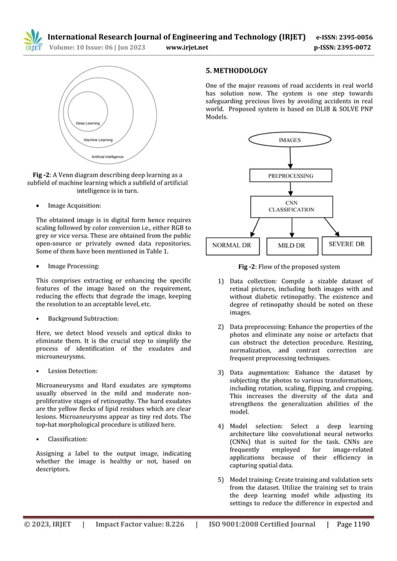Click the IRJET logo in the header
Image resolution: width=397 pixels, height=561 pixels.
(32, 39)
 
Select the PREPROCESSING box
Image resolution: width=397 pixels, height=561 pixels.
(291, 176)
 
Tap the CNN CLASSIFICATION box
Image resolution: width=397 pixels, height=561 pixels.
(291, 206)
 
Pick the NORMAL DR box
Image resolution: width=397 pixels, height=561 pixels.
(232, 245)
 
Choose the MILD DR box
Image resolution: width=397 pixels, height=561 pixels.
(291, 245)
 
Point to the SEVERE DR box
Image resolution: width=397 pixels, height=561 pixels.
(347, 244)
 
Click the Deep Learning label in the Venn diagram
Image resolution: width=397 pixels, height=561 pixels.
(88, 124)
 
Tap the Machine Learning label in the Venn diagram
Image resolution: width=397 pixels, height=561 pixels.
(98, 140)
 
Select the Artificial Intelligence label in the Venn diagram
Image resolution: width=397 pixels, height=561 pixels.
(107, 157)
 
